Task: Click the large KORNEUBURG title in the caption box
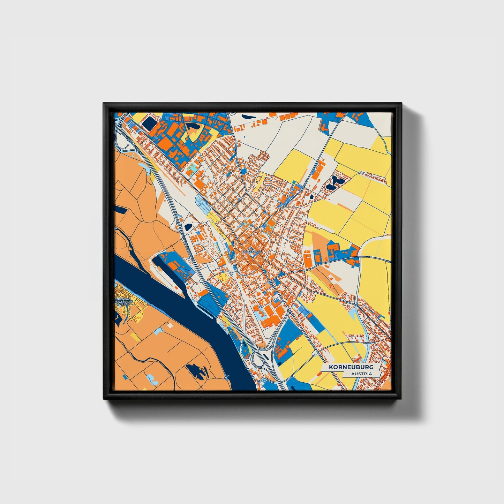coord(348,367)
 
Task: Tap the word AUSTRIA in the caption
coord(361,374)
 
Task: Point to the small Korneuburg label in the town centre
coord(251,251)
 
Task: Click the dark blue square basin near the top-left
coord(150,123)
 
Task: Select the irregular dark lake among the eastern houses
coord(336,182)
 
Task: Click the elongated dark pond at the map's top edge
coord(249,117)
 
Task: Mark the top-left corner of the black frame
coord(104,104)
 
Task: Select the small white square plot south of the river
coord(170,325)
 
